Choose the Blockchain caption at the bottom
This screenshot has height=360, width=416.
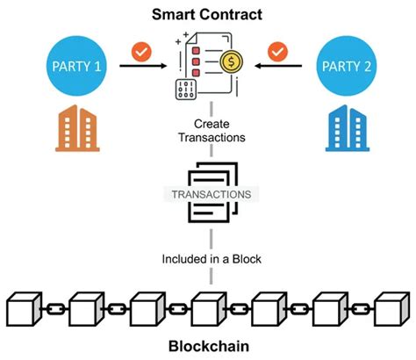pyautogui.click(x=208, y=346)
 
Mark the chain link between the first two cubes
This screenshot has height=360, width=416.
pyautogui.click(x=55, y=309)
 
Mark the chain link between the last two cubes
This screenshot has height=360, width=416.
pyautogui.click(x=360, y=309)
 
